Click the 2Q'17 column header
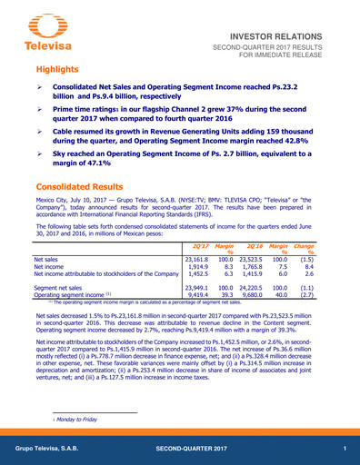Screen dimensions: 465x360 [195, 246]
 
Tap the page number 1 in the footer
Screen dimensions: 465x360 [345, 450]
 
